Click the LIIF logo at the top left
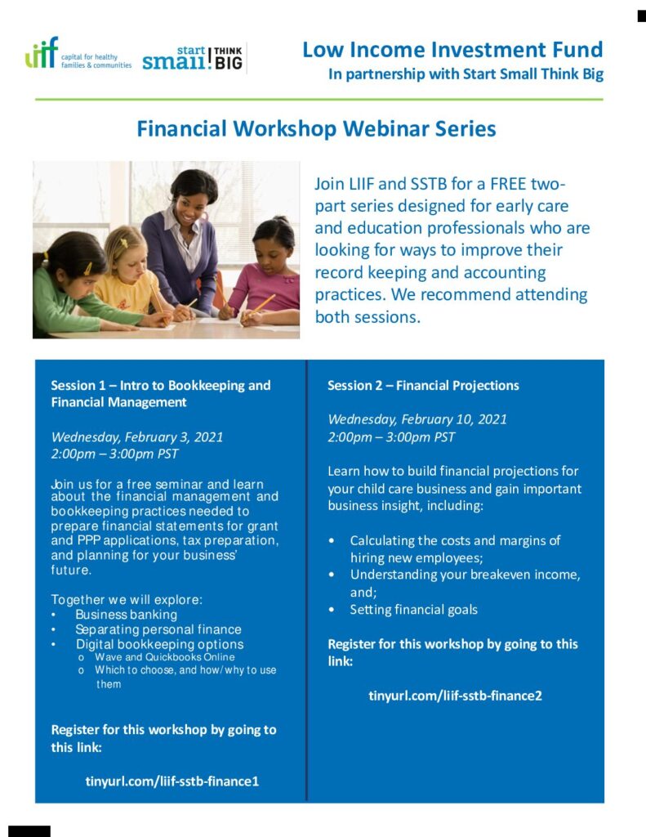78,53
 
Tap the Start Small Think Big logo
193,58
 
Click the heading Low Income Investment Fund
452,50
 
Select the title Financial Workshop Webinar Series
316,128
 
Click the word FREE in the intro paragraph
508,184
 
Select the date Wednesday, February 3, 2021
137,437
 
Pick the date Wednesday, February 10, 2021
417,419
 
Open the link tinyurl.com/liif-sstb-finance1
172,781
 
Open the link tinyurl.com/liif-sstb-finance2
455,696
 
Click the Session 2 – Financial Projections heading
423,386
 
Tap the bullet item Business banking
126,615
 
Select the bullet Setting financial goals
413,610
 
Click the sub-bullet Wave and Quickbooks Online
165,657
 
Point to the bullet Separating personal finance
158,629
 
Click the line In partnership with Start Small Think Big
466,74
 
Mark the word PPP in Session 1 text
88,540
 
